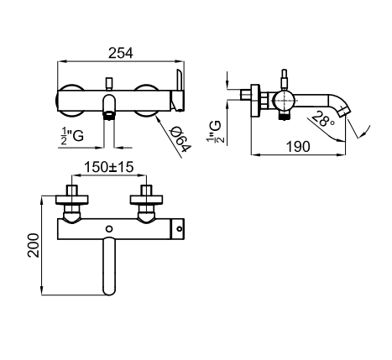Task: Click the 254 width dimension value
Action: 121,53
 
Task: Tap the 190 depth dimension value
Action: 298,147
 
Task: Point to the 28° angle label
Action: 322,119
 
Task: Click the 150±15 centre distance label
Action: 109,167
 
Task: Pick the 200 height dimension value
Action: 34,245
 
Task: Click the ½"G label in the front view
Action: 72,136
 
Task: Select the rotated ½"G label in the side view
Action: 216,132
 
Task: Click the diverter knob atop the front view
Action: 109,83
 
